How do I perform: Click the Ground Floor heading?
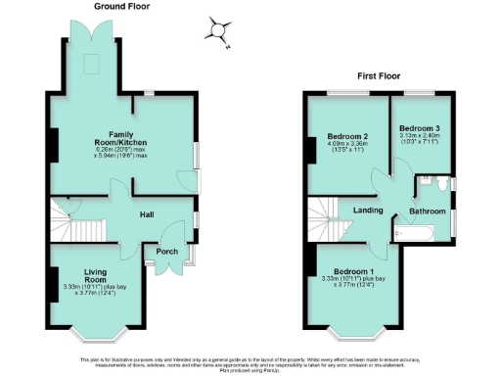click(121, 7)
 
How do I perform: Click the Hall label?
click(146, 214)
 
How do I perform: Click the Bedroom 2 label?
click(348, 136)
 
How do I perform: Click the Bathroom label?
click(427, 211)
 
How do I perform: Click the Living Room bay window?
click(100, 335)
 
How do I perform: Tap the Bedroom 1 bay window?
click(355, 336)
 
